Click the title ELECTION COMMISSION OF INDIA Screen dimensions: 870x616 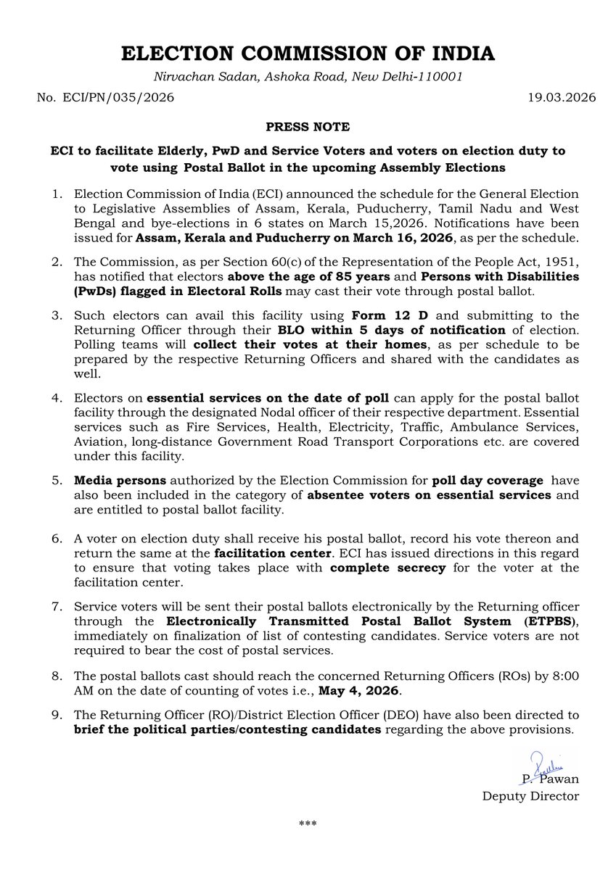point(308,54)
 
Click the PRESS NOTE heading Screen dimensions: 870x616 point(308,127)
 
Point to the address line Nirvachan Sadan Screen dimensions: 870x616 point(308,76)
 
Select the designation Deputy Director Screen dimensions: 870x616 point(530,796)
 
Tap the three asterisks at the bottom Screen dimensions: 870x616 point(308,824)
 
